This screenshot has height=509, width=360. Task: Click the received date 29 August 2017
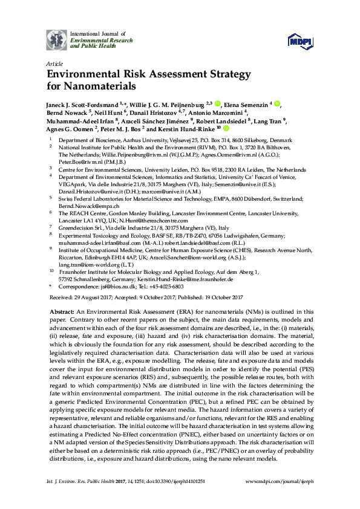tap(91, 297)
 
